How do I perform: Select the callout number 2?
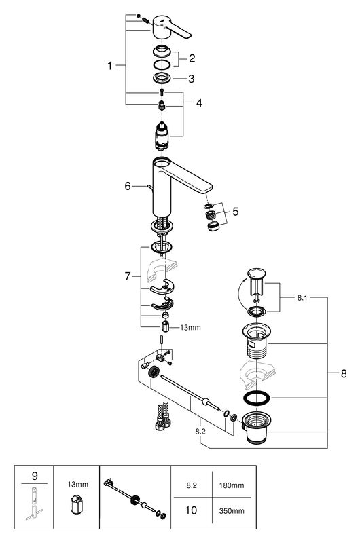coord(192,58)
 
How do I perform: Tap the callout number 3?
coord(192,79)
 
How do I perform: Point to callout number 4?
coord(199,103)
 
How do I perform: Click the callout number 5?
coord(234,211)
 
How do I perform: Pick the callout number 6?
coord(127,186)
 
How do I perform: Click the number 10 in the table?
coord(191,508)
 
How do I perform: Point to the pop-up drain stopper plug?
coord(255,279)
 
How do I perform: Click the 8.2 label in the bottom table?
coord(191,486)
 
